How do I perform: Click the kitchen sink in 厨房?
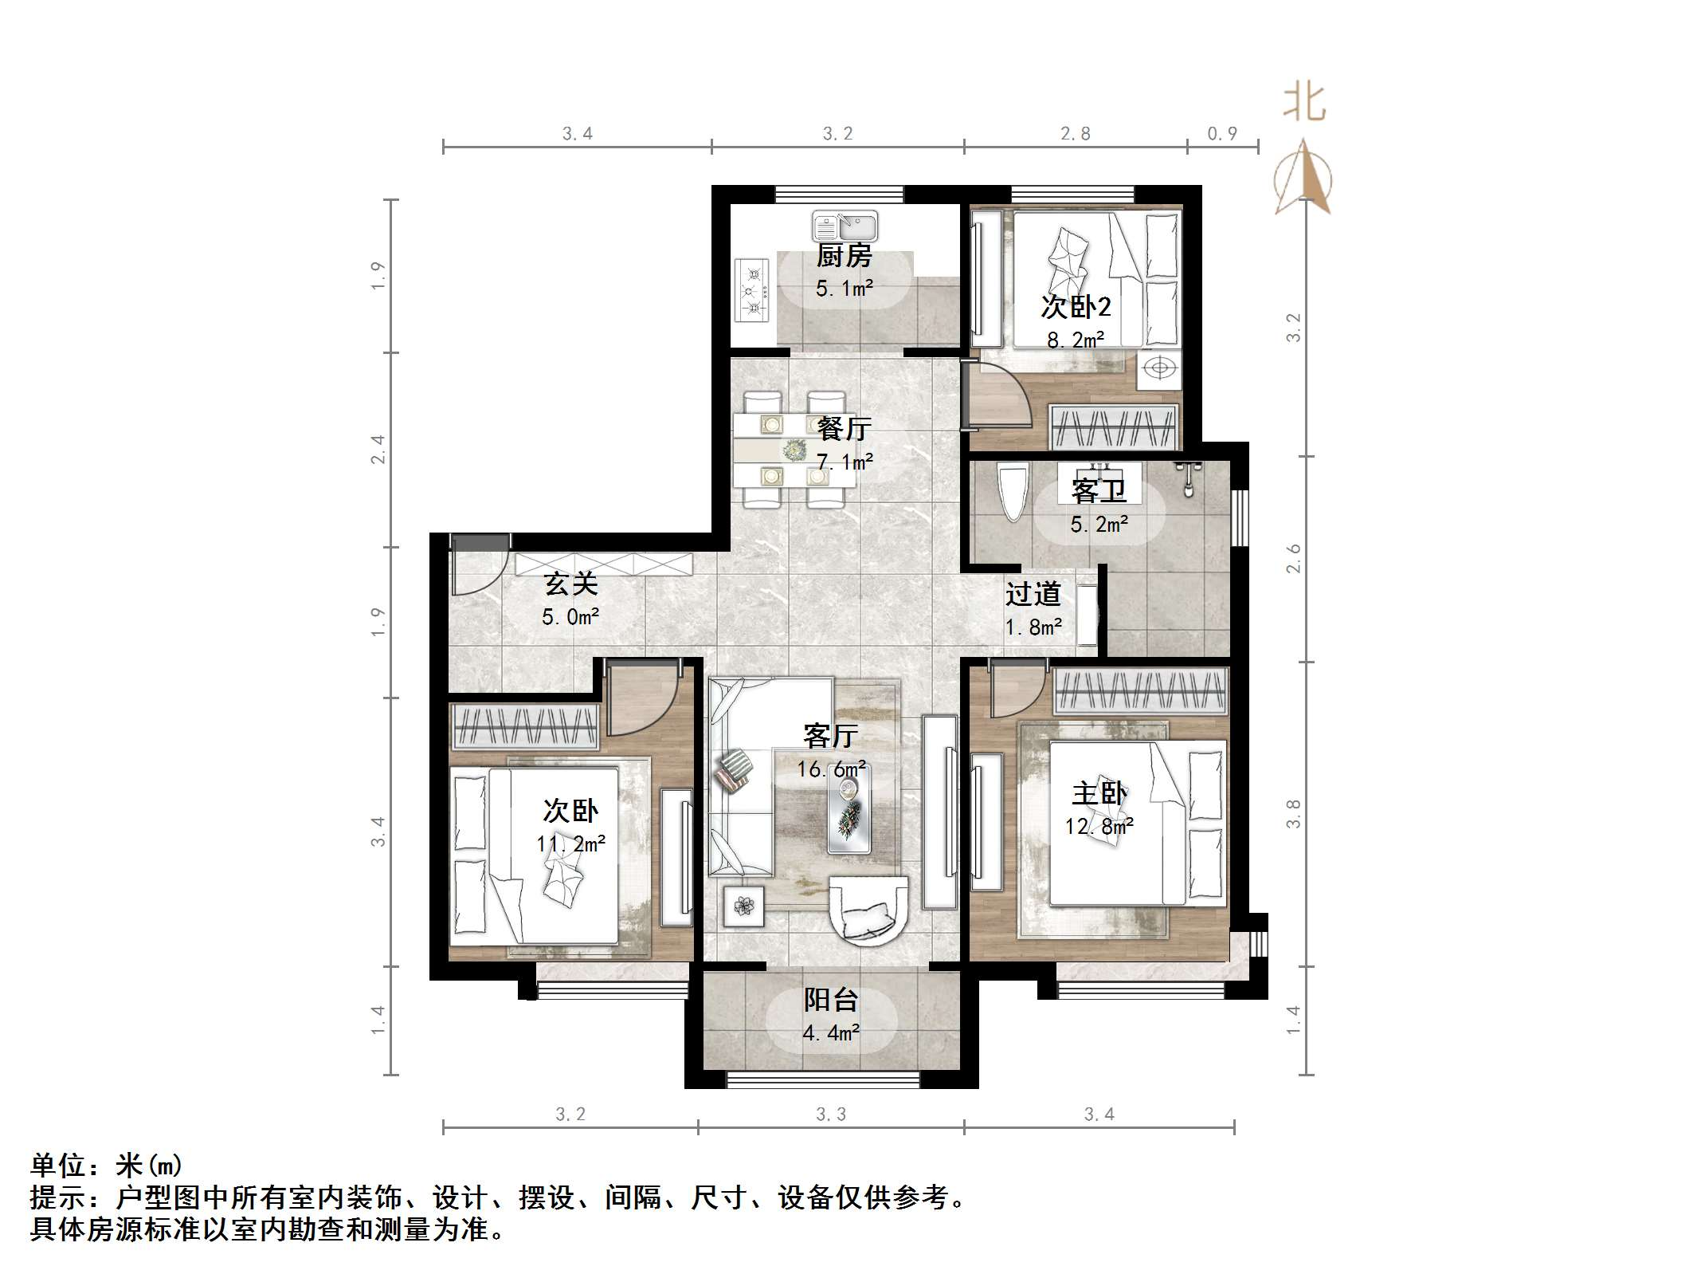[845, 226]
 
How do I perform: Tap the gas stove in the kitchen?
[751, 291]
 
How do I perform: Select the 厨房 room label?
[844, 256]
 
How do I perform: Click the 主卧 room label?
[1099, 793]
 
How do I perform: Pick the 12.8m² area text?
[1099, 826]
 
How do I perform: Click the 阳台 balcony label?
[830, 999]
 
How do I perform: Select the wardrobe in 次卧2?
[1114, 427]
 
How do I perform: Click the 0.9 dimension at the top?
[1221, 133]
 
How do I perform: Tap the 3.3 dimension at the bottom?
[830, 1114]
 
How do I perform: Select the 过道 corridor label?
[1033, 594]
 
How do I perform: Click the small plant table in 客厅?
[744, 906]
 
